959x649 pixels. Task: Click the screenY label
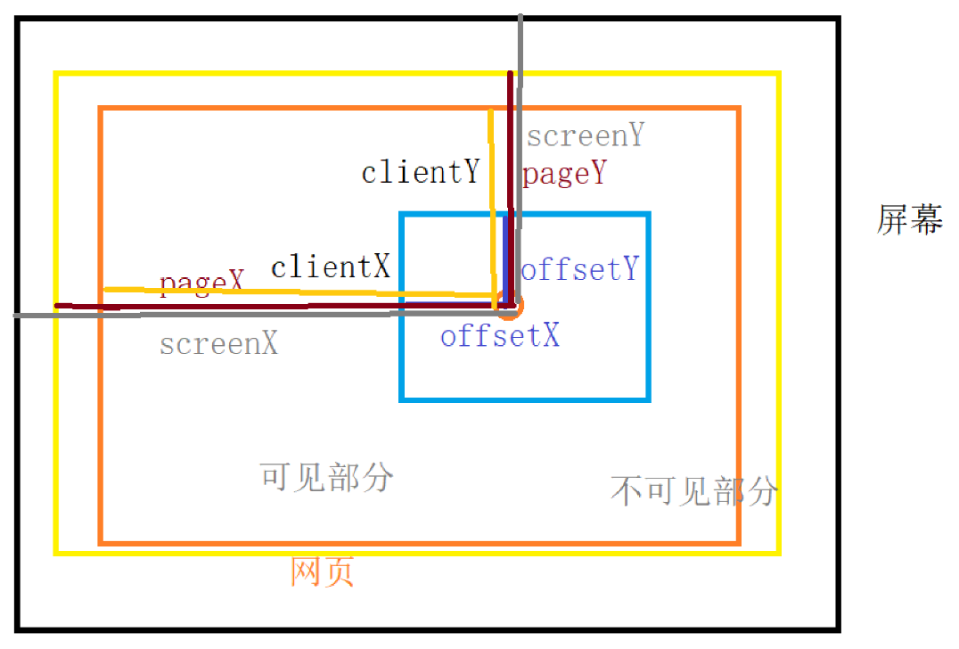585,136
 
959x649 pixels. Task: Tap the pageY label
564,174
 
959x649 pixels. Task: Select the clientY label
420,171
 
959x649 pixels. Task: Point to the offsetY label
580,269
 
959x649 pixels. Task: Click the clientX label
331,267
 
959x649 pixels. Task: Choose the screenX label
218,343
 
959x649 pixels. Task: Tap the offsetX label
500,336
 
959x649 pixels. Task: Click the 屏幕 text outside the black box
910,218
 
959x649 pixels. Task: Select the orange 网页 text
323,571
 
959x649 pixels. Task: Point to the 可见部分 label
326,477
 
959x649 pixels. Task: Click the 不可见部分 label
694,490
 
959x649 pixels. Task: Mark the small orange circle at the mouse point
510,308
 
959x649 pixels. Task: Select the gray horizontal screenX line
223,315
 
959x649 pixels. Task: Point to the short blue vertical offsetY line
508,259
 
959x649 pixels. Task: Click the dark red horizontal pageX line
223,308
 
